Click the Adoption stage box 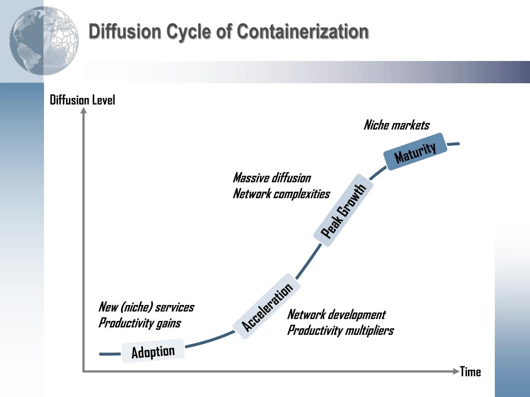153,352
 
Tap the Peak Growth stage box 343,211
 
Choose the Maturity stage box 415,152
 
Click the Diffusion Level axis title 82,100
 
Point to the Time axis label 470,372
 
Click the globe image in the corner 44,41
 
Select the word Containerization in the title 303,32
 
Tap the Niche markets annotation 396,125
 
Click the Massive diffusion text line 272,178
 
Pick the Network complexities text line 281,194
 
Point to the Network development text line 336,315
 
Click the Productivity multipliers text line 341,330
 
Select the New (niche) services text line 146,307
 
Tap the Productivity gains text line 140,323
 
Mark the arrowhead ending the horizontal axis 455,371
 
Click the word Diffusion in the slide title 125,32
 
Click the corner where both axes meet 83,371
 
